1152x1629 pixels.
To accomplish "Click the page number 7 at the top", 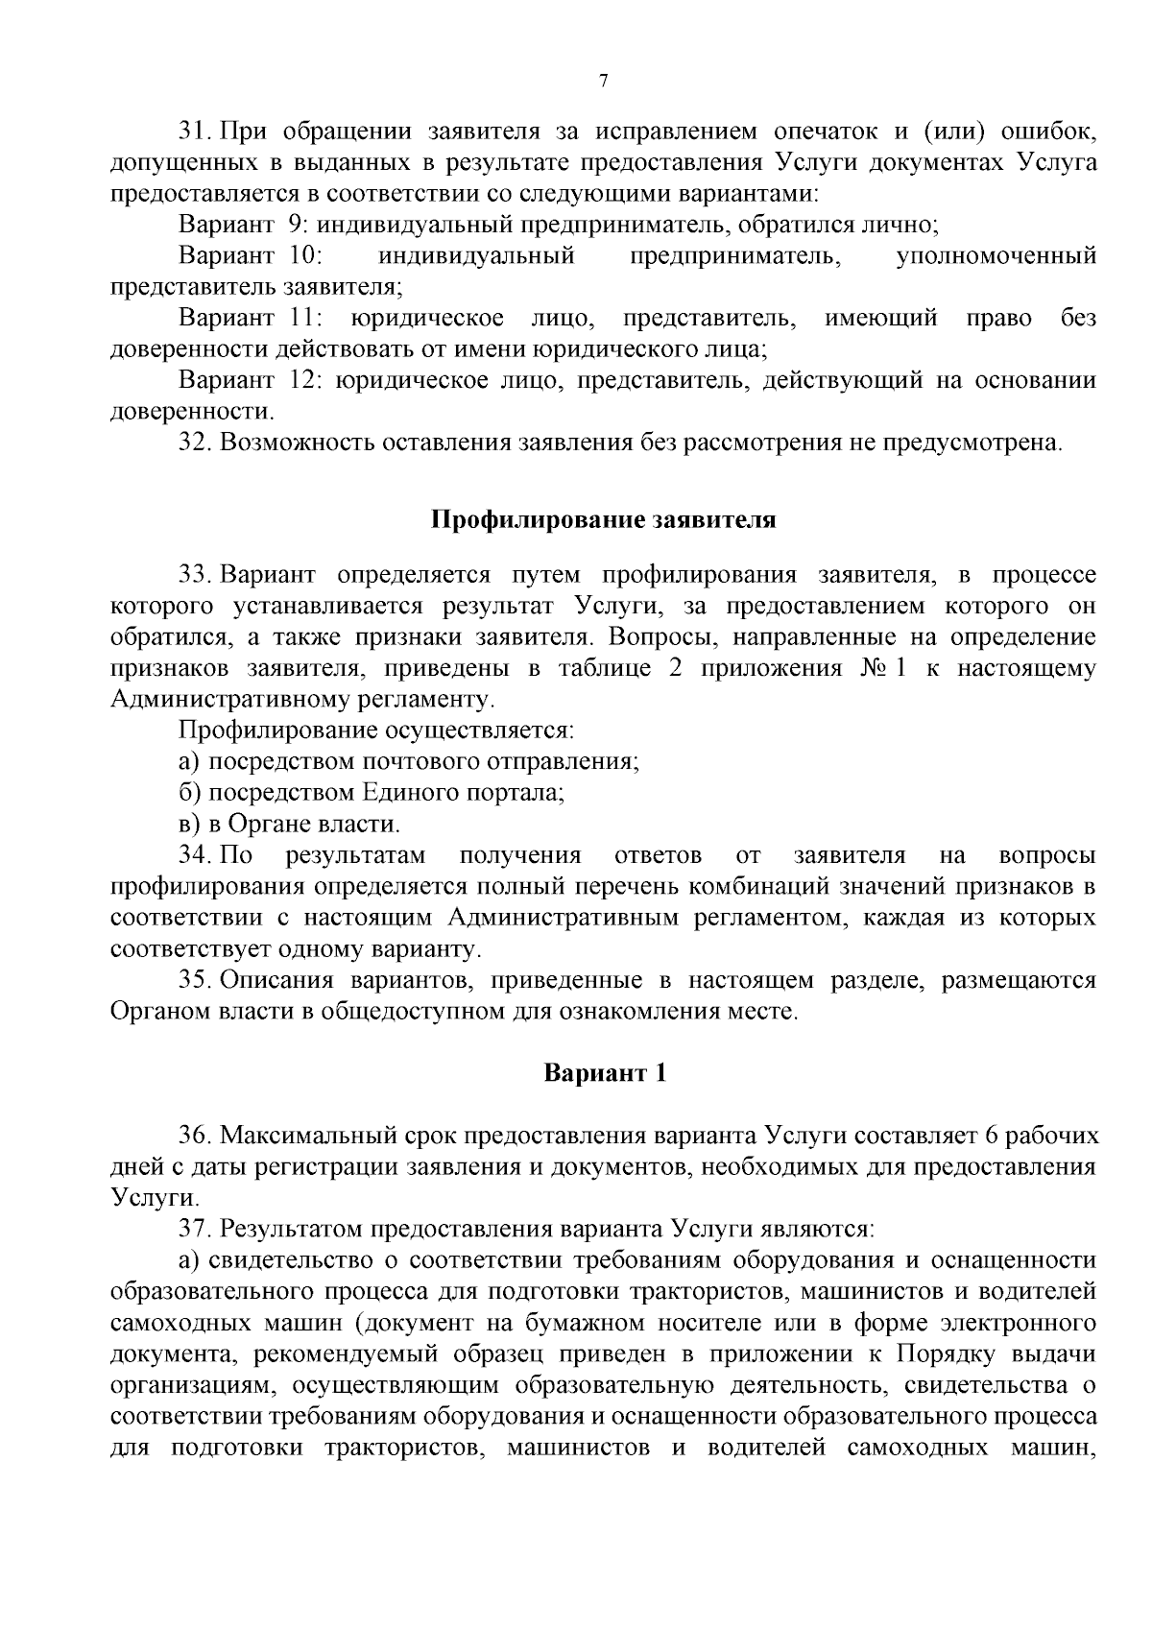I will [603, 82].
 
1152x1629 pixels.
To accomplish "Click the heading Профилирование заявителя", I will [603, 519].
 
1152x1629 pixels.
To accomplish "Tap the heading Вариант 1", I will [604, 1072].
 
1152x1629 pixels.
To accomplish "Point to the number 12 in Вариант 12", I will [303, 380].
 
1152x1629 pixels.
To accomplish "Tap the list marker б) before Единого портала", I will [191, 793].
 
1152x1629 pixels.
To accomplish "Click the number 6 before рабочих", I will [992, 1135].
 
